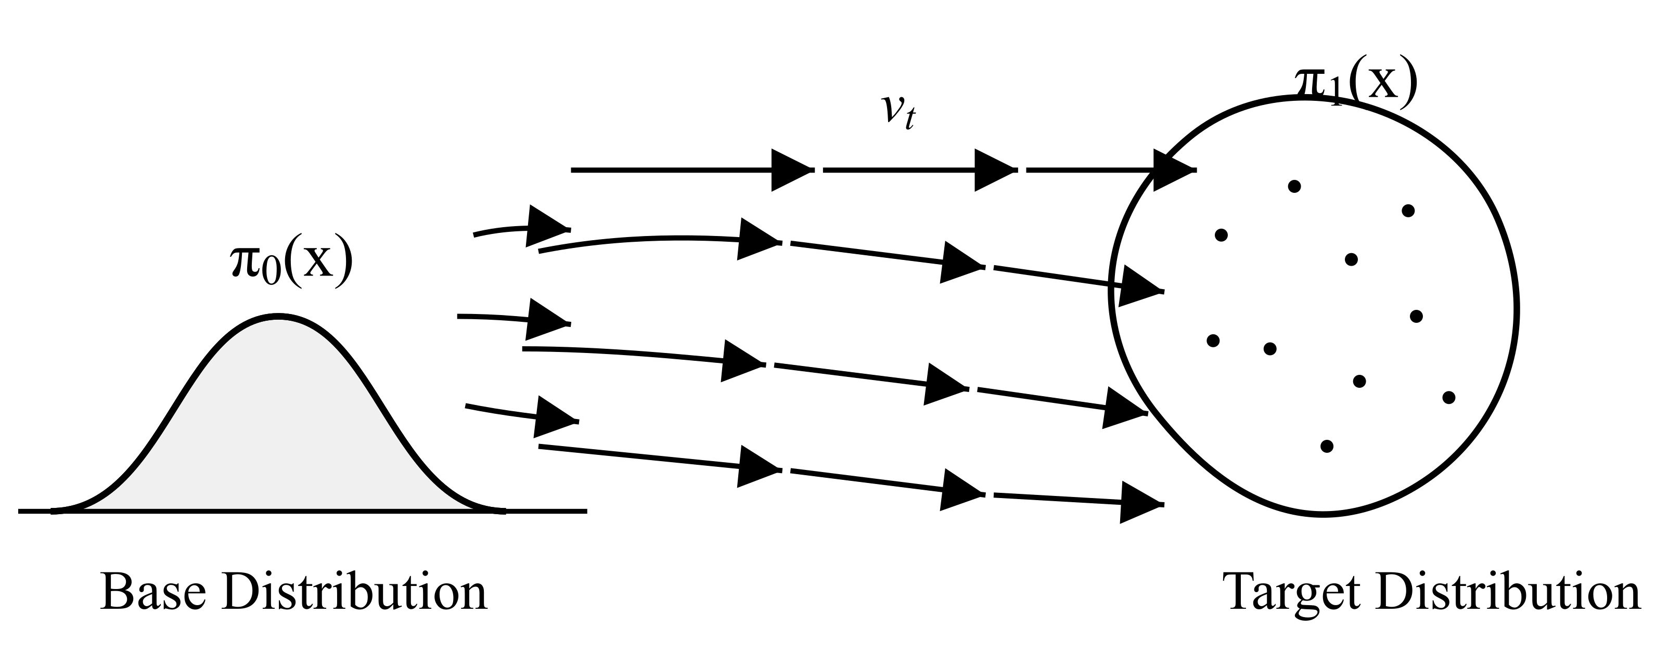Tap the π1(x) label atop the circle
(x=1347, y=84)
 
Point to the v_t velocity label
(x=898, y=111)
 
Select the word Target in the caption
(x=1292, y=593)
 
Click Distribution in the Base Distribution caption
(x=354, y=593)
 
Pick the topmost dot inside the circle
(x=1294, y=187)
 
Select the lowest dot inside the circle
(x=1327, y=446)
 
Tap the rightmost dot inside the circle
(x=1449, y=397)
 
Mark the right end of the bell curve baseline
(x=586, y=511)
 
